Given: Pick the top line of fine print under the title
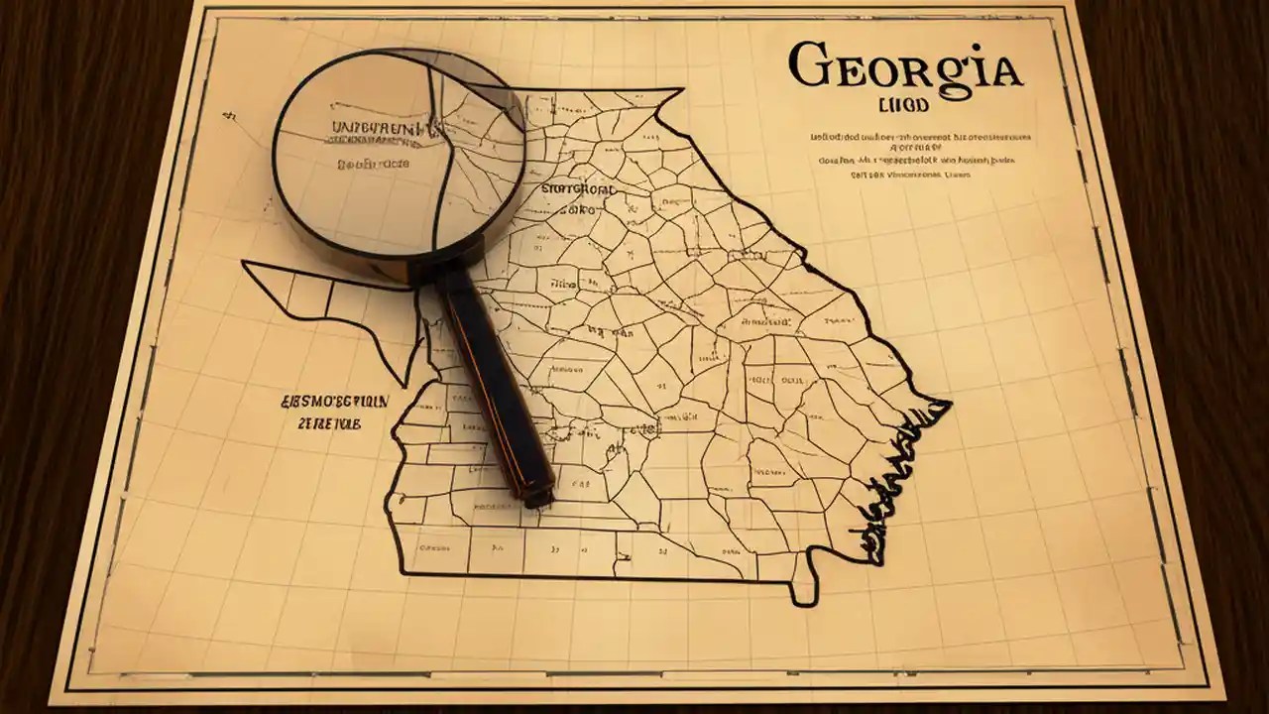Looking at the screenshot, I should click(921, 137).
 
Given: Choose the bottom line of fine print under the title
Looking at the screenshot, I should click(911, 175).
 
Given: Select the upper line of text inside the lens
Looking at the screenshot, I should click(377, 129).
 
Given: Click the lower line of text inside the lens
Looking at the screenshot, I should click(372, 164).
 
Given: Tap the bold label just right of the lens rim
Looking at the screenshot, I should click(578, 187).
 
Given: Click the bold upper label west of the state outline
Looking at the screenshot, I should click(335, 401).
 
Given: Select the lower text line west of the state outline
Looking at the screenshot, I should click(329, 422).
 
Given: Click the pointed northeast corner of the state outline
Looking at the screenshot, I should click(681, 90).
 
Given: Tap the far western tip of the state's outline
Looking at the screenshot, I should click(245, 264).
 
